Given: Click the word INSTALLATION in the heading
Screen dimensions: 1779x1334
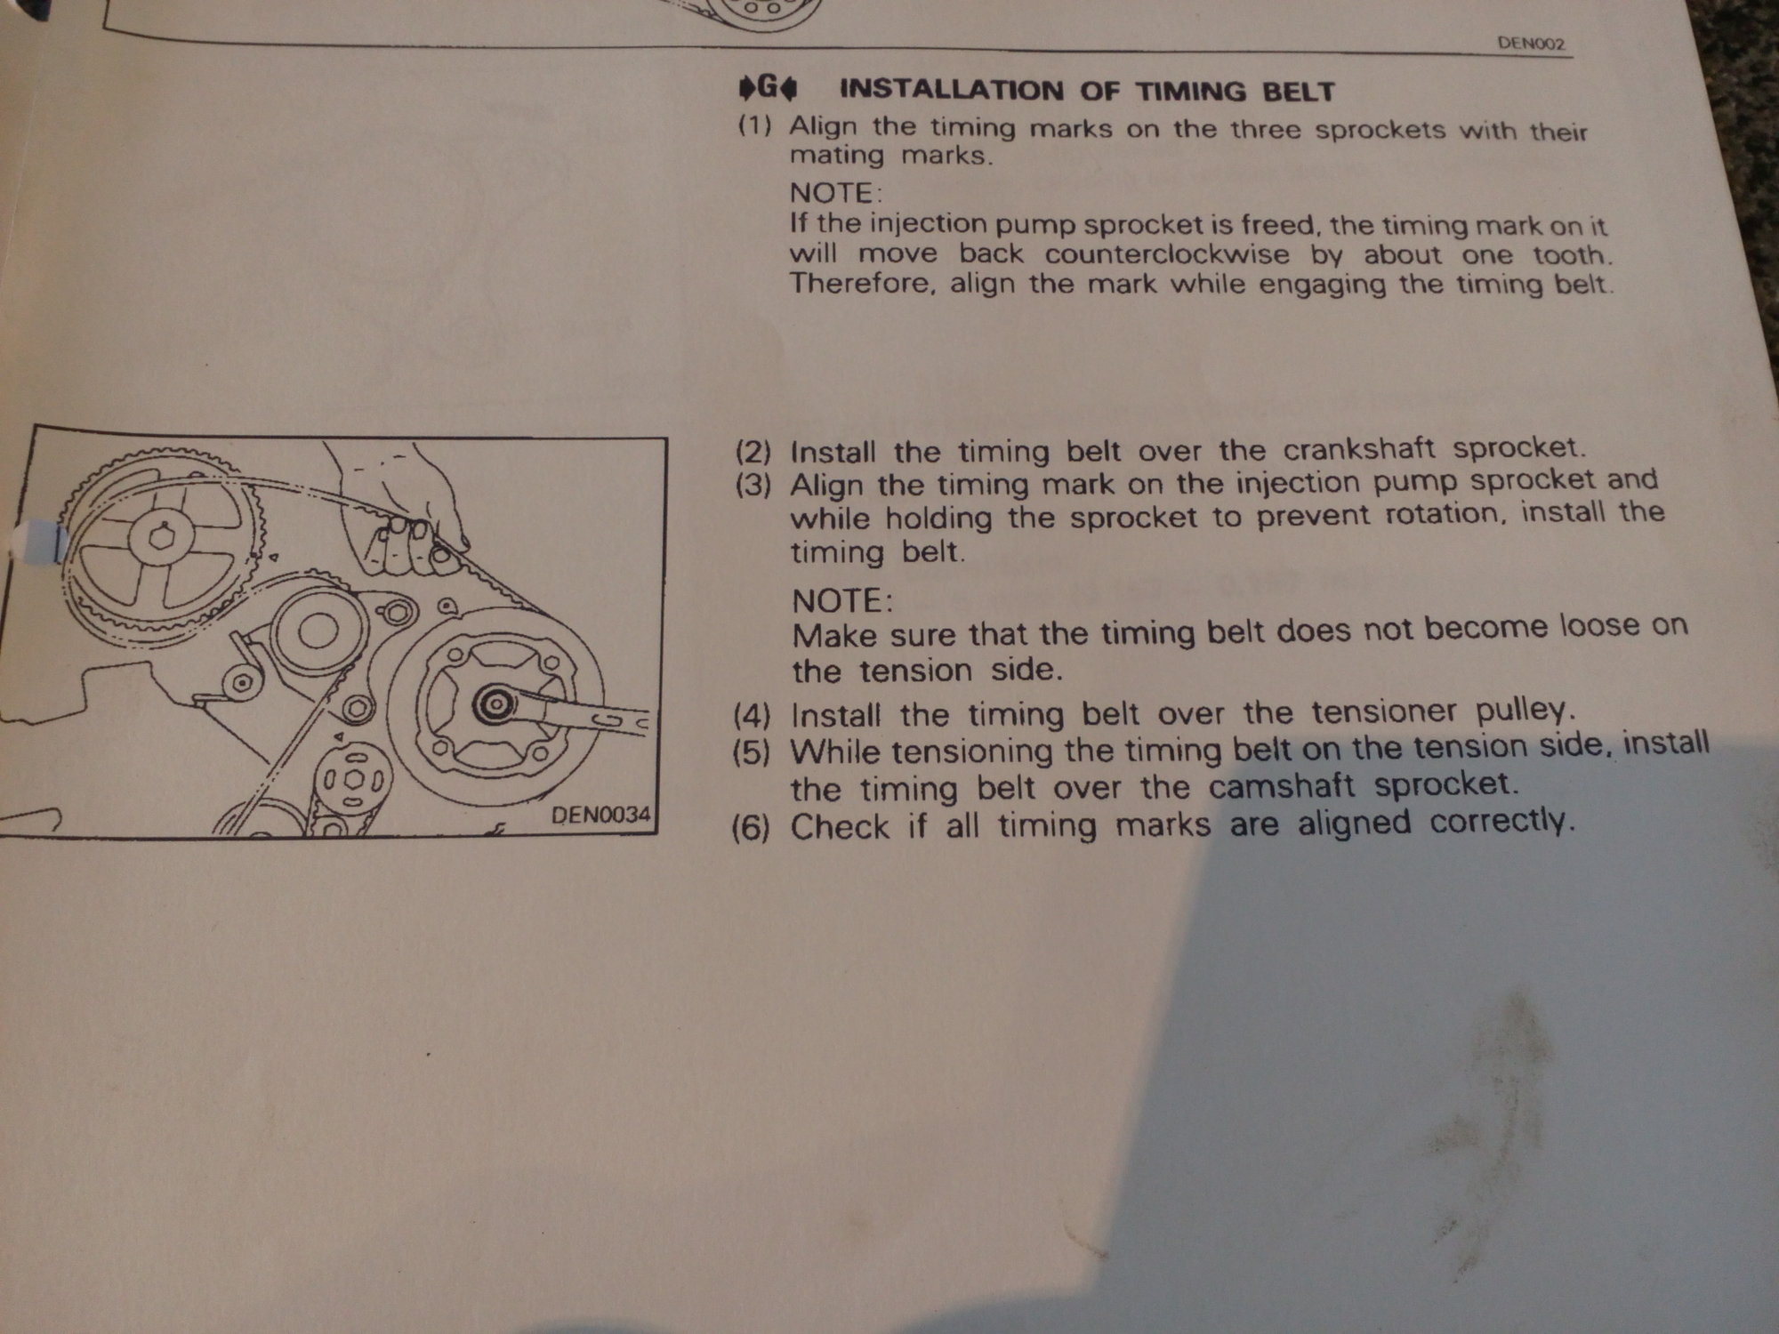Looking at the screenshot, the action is point(951,90).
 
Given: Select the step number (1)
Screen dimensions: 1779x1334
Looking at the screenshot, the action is point(754,125).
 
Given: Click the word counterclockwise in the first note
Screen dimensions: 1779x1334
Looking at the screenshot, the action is point(1166,254).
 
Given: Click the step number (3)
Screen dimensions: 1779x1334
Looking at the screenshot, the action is point(753,486).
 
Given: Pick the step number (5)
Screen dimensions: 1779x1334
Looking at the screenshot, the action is point(751,753).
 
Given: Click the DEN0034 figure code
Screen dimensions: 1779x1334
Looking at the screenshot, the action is point(600,814).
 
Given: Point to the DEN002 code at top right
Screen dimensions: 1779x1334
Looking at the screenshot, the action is point(1532,44).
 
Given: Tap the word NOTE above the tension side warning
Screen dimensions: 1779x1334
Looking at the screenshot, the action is point(841,601).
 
